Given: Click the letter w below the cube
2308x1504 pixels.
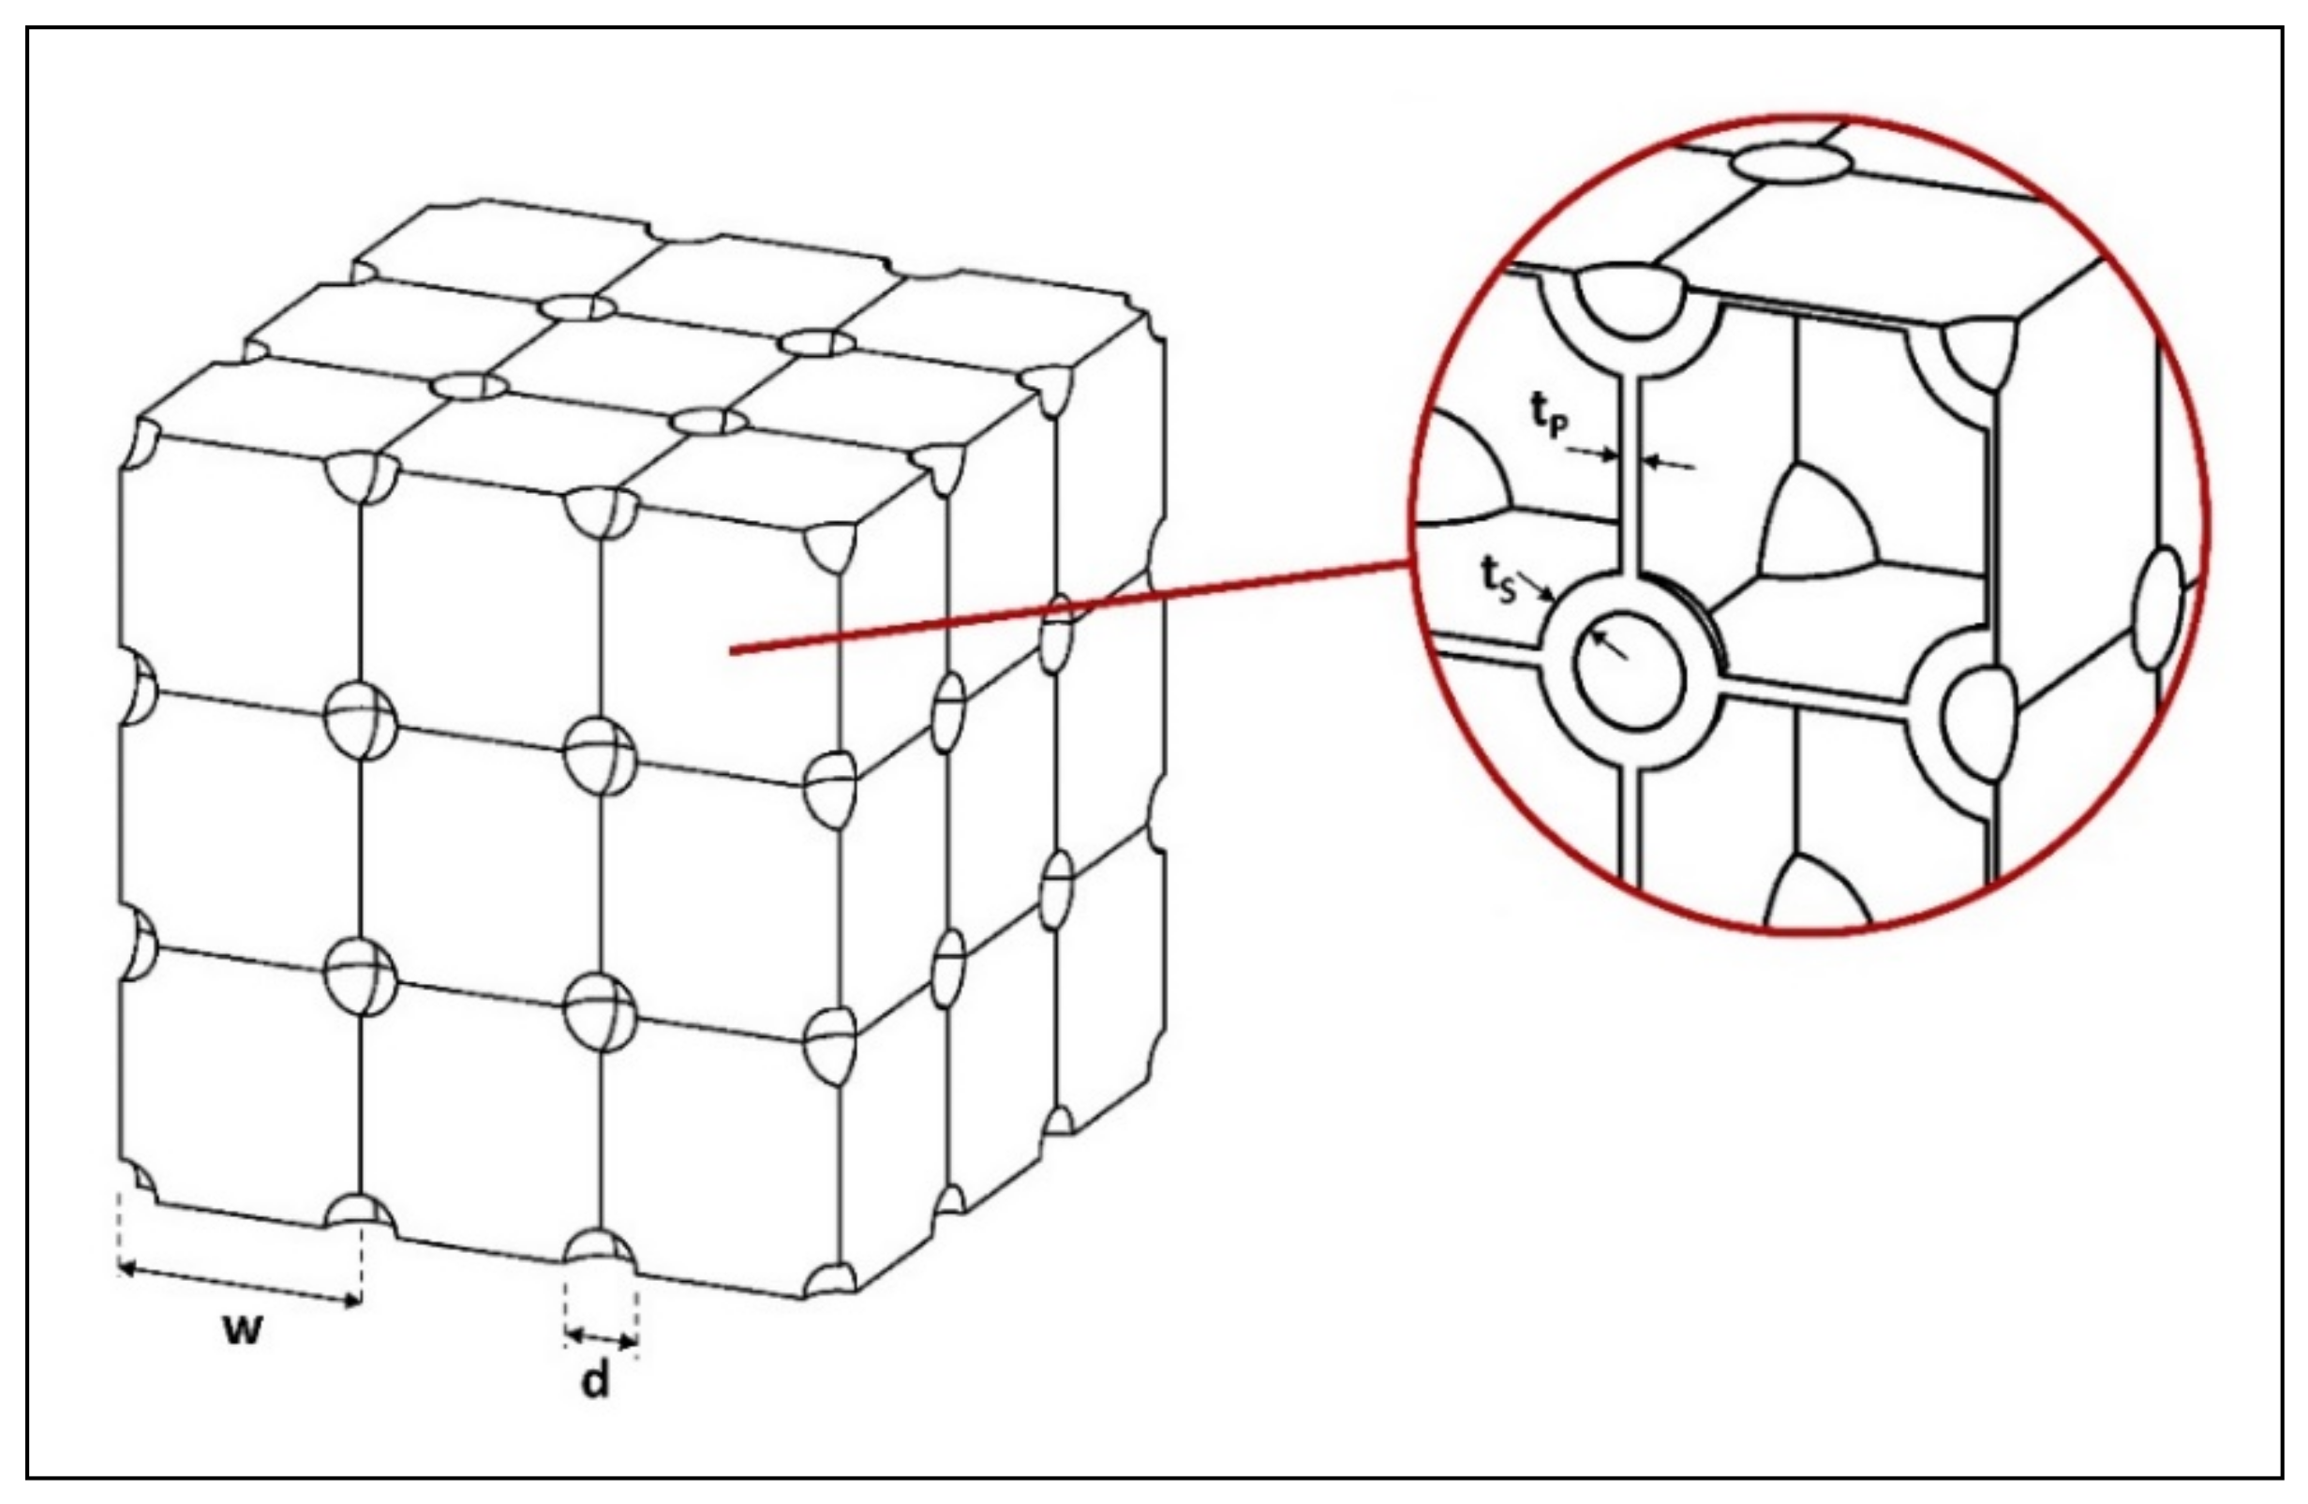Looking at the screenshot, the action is (x=243, y=1331).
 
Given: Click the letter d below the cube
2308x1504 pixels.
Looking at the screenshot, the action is (x=595, y=1382).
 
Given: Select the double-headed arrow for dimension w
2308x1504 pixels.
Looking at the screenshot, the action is (x=240, y=1284).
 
